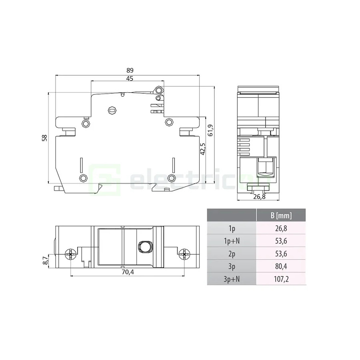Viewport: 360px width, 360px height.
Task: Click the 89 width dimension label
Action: point(130,70)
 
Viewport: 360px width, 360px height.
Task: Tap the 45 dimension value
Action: point(130,78)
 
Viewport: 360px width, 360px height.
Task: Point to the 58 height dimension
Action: point(44,138)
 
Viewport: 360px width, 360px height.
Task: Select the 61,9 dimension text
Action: point(210,130)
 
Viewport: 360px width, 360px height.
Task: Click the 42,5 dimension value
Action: point(203,149)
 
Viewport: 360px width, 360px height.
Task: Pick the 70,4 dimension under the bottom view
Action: point(128,272)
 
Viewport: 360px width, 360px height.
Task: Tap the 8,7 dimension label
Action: point(46,260)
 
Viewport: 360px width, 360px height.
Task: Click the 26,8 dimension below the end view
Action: point(260,197)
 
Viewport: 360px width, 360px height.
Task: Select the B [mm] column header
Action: point(281,215)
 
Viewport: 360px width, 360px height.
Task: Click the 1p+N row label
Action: point(232,241)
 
